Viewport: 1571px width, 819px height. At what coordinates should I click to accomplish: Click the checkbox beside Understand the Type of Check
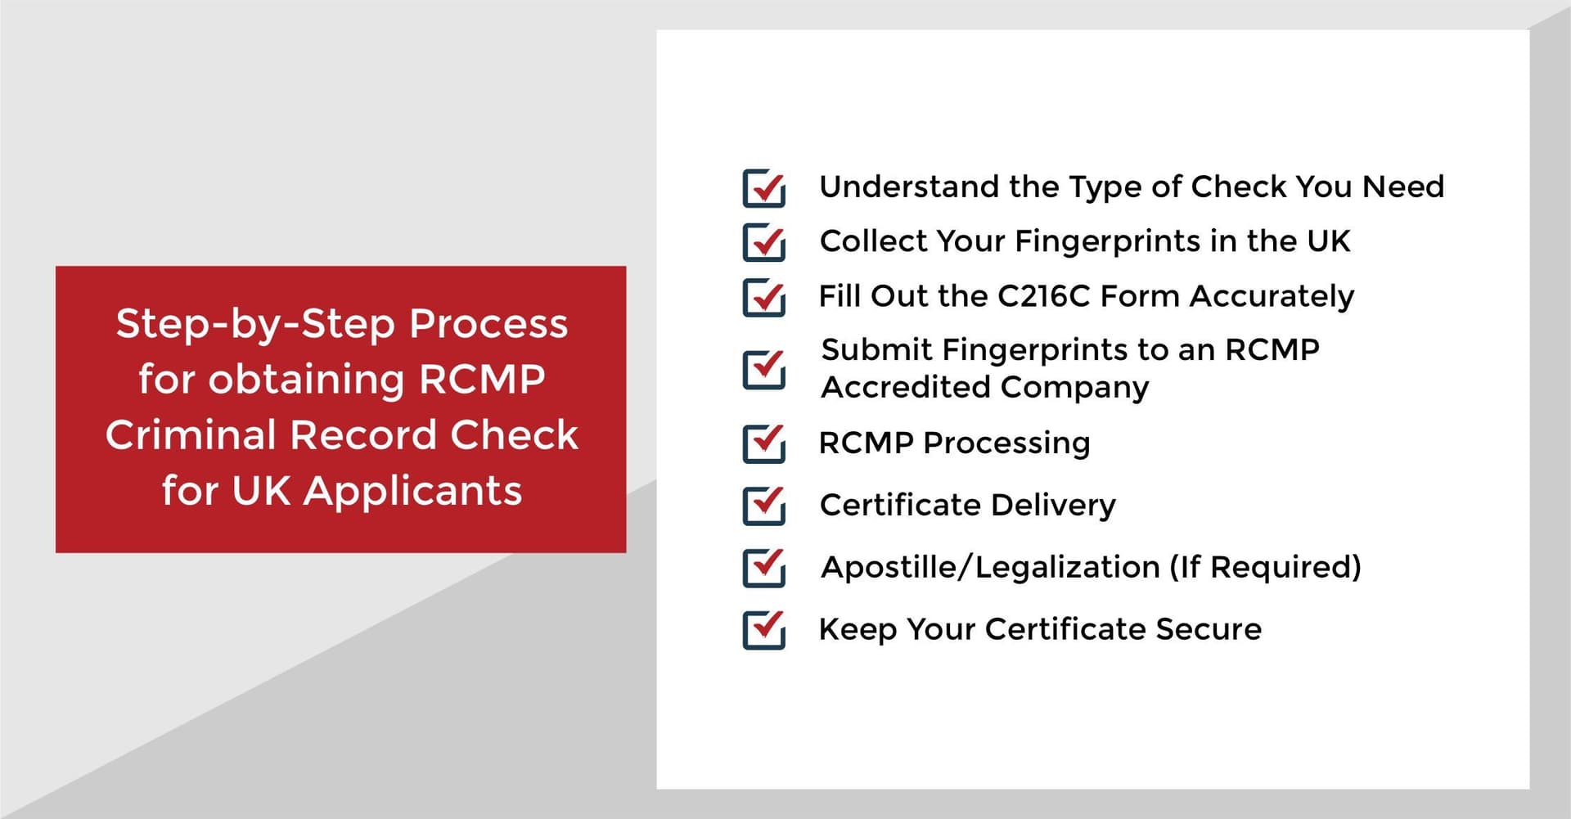click(763, 187)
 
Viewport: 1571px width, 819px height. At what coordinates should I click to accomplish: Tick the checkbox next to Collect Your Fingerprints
click(763, 242)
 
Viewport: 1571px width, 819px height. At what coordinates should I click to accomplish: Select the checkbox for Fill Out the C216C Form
click(763, 297)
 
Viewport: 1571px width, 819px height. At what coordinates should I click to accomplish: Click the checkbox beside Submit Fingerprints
click(763, 369)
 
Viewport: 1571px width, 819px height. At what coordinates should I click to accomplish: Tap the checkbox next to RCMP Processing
click(763, 443)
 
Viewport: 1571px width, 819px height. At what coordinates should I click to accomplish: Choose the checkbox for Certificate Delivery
click(763, 506)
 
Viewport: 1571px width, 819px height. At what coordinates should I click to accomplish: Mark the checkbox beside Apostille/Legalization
click(763, 568)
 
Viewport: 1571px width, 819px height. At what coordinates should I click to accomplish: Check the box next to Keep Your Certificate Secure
click(763, 630)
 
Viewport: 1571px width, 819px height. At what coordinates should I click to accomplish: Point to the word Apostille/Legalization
click(990, 567)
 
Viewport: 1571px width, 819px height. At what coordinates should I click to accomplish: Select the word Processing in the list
click(1006, 443)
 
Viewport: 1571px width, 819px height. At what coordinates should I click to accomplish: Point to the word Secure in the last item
click(1209, 629)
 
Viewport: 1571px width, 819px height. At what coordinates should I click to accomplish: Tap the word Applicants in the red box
click(412, 492)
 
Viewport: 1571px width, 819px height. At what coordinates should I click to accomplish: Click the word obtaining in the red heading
click(306, 380)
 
